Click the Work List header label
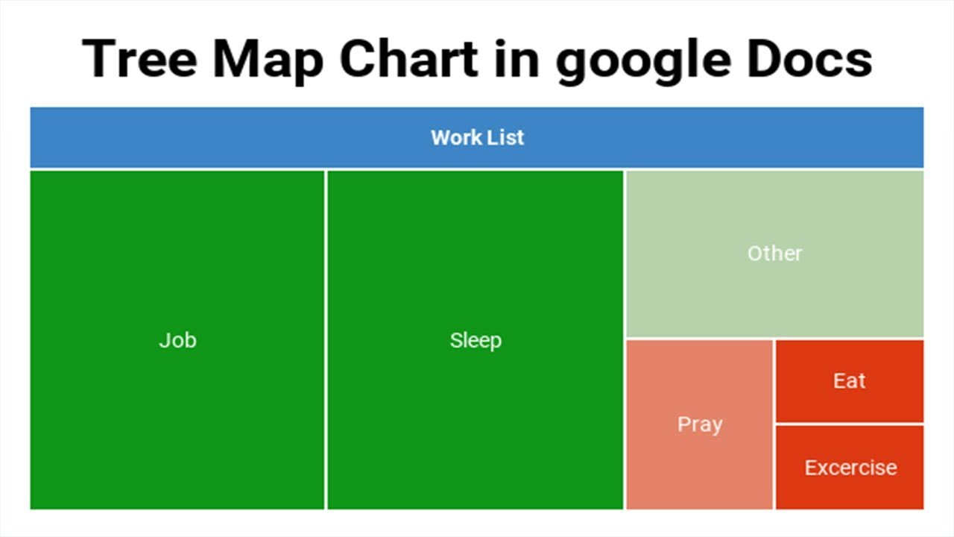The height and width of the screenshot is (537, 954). tap(477, 137)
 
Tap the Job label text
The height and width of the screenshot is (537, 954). tap(177, 340)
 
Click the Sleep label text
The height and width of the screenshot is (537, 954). tap(476, 340)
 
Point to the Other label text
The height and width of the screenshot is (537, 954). tap(774, 253)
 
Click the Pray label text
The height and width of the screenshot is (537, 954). tap(699, 424)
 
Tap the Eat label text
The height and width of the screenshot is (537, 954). tap(849, 380)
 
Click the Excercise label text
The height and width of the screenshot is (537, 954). tap(850, 468)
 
